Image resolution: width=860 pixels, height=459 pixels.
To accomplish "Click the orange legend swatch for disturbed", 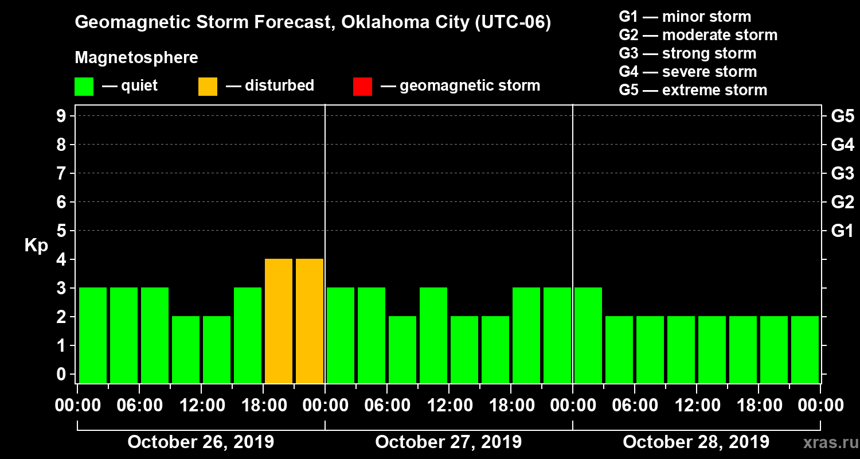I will [208, 86].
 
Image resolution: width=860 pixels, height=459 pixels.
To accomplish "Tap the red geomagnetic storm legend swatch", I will [362, 86].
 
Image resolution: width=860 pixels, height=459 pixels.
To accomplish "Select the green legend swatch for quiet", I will [84, 86].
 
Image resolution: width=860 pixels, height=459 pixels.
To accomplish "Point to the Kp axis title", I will [36, 246].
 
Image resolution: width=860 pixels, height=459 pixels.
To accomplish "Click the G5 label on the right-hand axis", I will [842, 116].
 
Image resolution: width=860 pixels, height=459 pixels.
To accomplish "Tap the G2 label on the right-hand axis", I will [842, 203].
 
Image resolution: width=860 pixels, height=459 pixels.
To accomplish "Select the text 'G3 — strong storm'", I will [687, 53].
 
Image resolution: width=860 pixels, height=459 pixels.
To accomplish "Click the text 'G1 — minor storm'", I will [685, 17].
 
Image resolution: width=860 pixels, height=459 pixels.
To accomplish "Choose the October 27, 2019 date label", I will [448, 442].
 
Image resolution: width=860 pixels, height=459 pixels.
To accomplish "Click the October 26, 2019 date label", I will [201, 442].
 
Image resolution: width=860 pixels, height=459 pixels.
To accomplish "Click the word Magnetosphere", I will [136, 58].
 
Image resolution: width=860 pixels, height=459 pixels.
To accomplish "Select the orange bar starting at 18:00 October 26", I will [279, 321].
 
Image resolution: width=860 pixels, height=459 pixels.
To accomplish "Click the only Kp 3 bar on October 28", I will [588, 335].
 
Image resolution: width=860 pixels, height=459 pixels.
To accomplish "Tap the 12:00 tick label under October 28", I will [696, 406].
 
